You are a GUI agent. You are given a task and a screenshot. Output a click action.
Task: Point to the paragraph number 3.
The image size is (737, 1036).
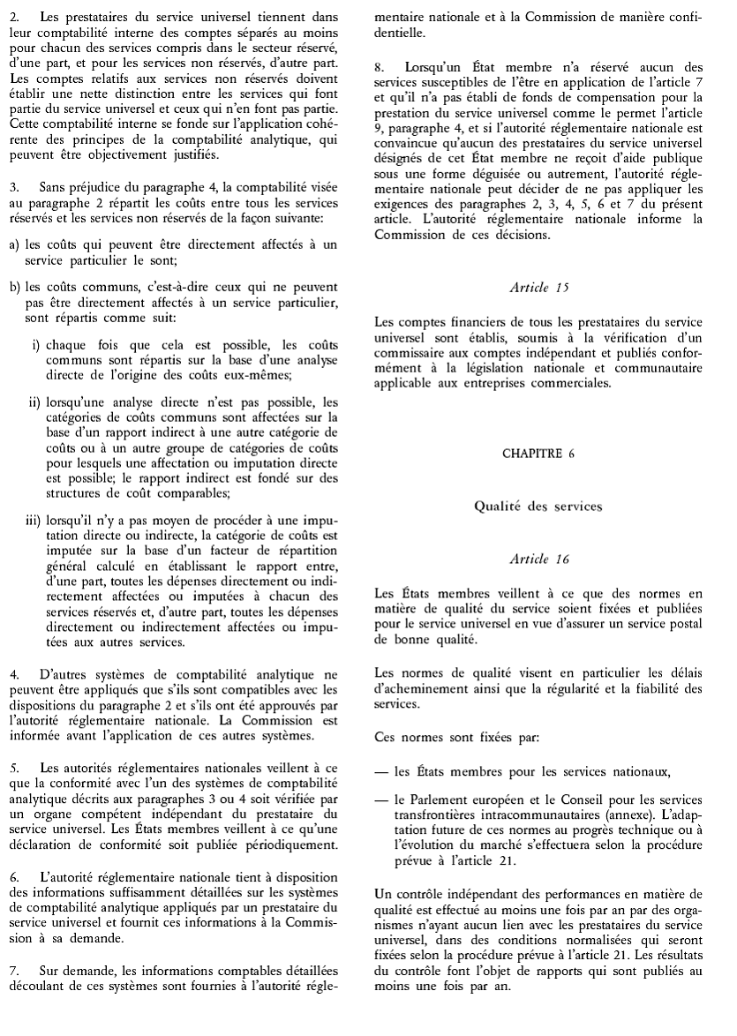pyautogui.click(x=11, y=188)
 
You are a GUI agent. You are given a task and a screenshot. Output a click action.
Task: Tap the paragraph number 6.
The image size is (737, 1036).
pyautogui.click(x=11, y=854)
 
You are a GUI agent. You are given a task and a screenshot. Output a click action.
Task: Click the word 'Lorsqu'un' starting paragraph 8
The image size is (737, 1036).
pyautogui.click(x=432, y=66)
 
